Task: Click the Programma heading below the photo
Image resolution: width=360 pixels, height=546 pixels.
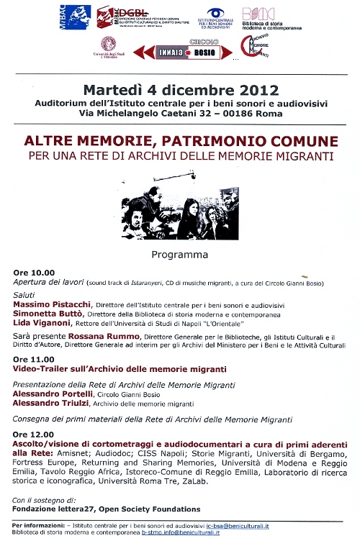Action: [x=179, y=255]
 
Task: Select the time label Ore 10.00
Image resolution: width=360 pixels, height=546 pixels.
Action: [x=34, y=273]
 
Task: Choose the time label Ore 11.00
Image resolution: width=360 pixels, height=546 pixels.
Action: [x=33, y=358]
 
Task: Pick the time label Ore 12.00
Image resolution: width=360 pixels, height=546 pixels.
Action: [x=33, y=434]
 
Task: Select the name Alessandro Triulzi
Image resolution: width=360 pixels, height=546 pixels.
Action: [x=45, y=404]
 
